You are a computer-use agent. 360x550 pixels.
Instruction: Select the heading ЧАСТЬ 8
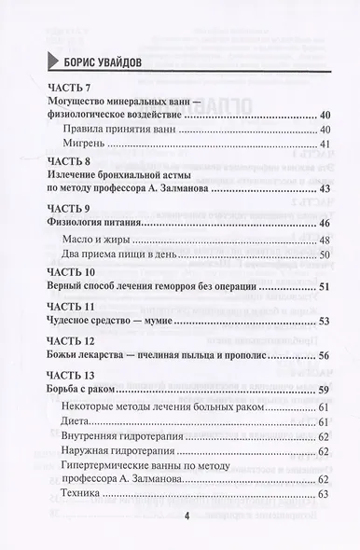point(66,161)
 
